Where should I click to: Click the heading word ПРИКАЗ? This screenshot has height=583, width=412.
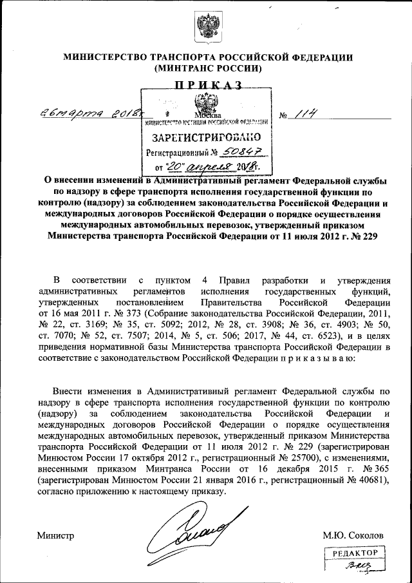point(206,84)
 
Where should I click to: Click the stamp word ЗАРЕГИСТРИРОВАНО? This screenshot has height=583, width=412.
point(207,137)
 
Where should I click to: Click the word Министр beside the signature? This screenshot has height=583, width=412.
point(56,535)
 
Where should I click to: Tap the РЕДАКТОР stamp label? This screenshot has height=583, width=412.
point(354,553)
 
